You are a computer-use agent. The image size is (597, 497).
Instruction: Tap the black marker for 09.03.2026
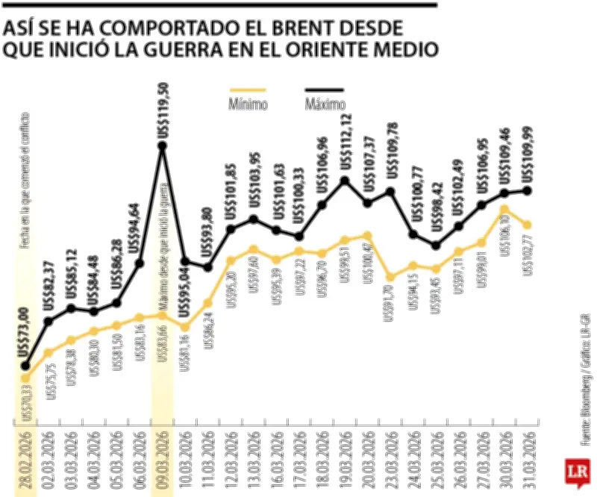pos(163,146)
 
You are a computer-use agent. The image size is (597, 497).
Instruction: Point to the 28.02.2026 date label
pos(27,457)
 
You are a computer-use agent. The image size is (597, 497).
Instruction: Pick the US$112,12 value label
pos(345,140)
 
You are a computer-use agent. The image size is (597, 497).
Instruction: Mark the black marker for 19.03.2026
pos(345,181)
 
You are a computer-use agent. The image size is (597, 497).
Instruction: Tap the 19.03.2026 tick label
pos(345,457)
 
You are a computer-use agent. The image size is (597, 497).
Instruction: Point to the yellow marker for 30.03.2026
pos(505,209)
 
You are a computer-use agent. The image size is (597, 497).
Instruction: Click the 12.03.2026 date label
pos(231,457)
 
